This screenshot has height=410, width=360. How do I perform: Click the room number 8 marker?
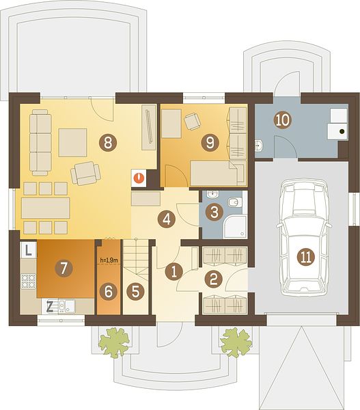tap(107, 143)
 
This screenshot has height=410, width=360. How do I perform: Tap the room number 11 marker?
tap(306, 256)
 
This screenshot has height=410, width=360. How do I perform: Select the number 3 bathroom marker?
tap(214, 212)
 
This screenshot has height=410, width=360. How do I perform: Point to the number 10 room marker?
tap(282, 120)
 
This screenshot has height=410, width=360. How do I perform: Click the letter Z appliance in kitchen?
tap(50, 306)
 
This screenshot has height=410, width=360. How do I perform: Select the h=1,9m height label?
tap(109, 260)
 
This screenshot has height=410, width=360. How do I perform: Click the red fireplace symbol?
tap(139, 178)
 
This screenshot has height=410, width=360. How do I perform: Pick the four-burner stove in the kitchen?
tap(28, 281)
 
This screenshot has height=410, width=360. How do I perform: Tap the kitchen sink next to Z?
tap(67, 306)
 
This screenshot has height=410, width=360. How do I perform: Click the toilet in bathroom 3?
tap(234, 202)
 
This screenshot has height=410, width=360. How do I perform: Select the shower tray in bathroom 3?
tap(235, 226)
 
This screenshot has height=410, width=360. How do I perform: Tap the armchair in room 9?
tap(193, 121)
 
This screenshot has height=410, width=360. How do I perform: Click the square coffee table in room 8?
tap(72, 143)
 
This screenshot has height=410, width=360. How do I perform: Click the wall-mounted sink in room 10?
tap(259, 146)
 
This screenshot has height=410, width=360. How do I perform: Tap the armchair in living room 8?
tap(85, 173)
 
